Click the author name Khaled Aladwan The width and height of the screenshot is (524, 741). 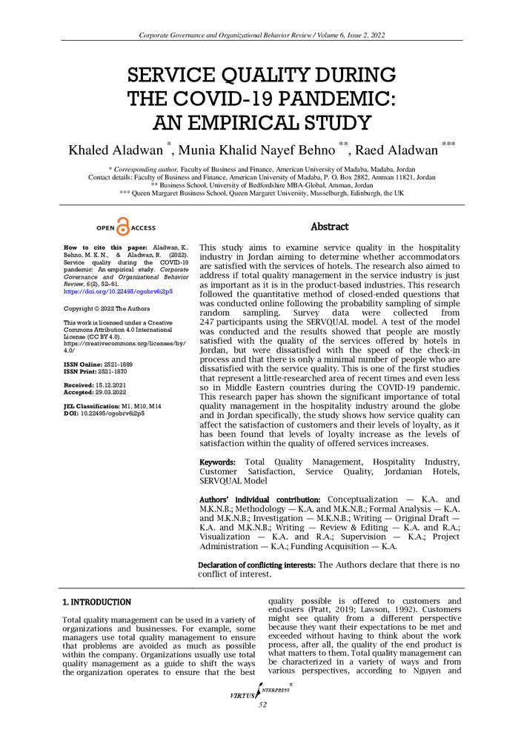(x=116, y=151)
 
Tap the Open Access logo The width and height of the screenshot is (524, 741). (x=125, y=227)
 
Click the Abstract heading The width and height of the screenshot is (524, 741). (x=330, y=227)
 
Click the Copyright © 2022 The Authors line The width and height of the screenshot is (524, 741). (x=107, y=308)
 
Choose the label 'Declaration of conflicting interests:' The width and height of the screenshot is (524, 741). (x=256, y=565)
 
